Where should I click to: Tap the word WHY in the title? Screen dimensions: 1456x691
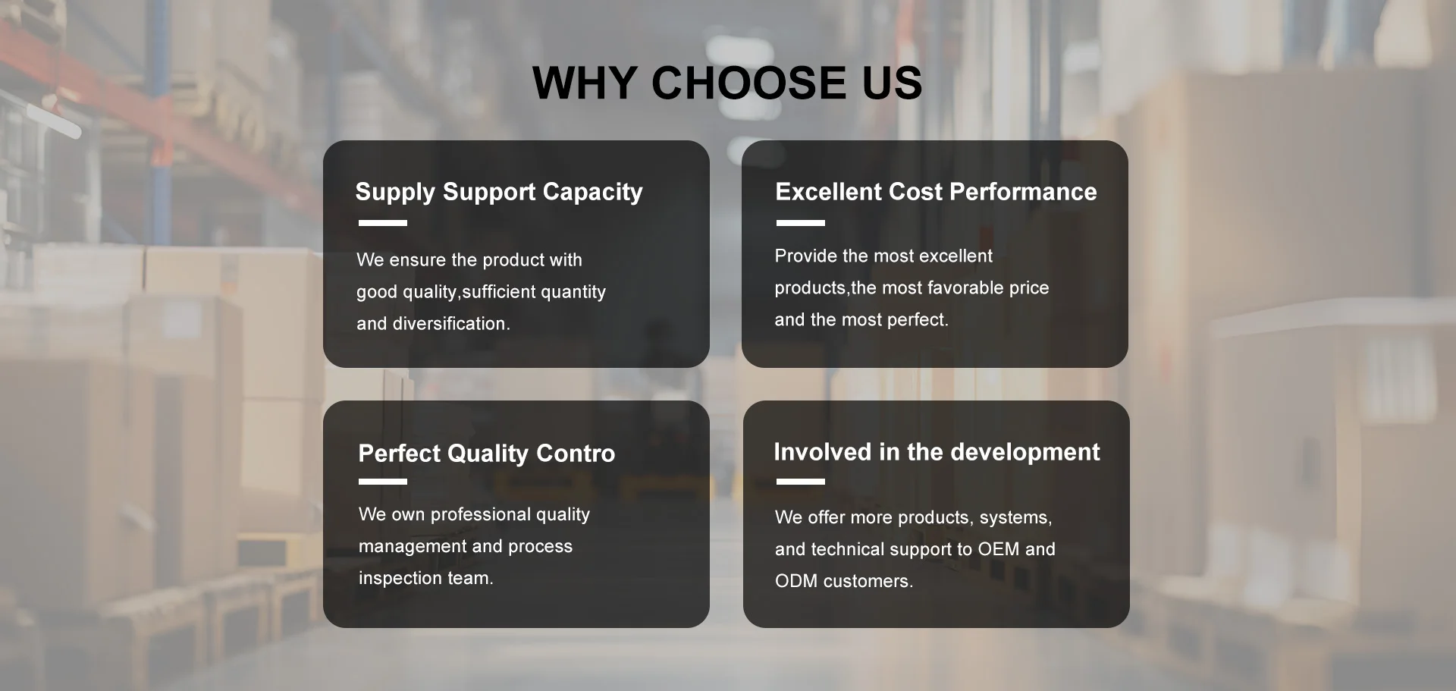click(x=584, y=83)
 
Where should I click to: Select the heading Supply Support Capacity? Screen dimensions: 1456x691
click(x=499, y=193)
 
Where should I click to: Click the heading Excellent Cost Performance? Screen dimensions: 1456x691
click(x=936, y=192)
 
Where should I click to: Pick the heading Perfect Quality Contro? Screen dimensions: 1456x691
click(x=487, y=454)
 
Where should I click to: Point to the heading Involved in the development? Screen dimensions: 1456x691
click(x=937, y=452)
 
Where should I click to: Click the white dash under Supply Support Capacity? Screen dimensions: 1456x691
click(x=383, y=223)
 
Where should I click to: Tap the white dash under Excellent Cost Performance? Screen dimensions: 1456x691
click(x=801, y=223)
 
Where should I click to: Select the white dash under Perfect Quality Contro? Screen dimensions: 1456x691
click(x=383, y=482)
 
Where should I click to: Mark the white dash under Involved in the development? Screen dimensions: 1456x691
click(x=801, y=482)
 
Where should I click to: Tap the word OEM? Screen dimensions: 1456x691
click(x=998, y=549)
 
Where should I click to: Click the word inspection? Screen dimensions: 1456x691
click(x=400, y=579)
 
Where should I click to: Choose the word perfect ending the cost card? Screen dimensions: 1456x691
click(x=918, y=320)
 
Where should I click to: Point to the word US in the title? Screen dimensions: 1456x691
click(x=893, y=83)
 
